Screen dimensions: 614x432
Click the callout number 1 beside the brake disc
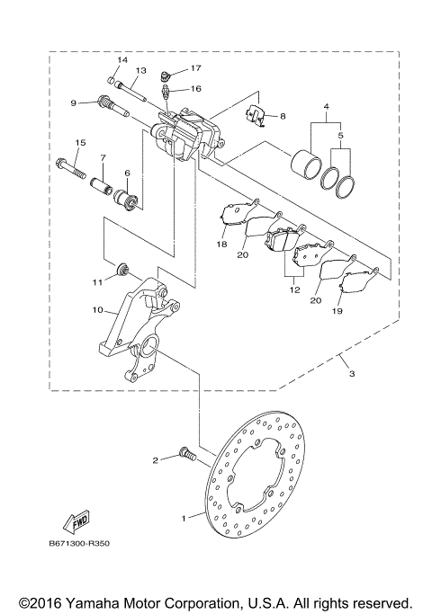tap(186, 518)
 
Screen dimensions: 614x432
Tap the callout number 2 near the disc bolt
tap(155, 460)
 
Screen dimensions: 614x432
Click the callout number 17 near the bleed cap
tap(195, 68)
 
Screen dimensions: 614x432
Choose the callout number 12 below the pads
tap(294, 290)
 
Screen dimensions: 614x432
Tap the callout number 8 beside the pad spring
tap(282, 116)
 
